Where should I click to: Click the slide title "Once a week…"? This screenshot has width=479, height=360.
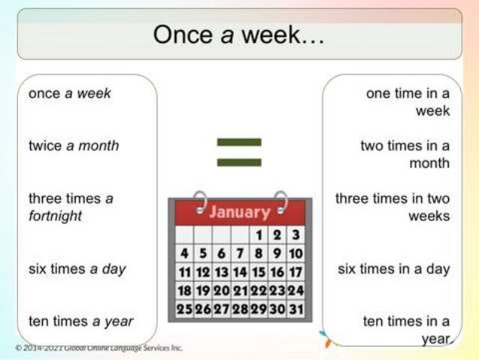pyautogui.click(x=239, y=35)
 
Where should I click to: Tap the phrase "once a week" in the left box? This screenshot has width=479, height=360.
pyautogui.click(x=70, y=93)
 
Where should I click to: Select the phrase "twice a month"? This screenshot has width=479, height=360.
pyautogui.click(x=74, y=145)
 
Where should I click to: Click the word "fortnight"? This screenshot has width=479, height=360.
pyautogui.click(x=56, y=216)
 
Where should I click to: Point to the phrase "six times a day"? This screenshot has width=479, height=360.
pyautogui.click(x=77, y=269)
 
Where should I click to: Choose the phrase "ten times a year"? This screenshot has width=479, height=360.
pyautogui.click(x=81, y=322)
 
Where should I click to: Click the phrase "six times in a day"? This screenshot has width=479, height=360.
pyautogui.click(x=394, y=269)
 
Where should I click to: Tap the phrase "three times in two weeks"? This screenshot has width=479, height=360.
pyautogui.click(x=393, y=207)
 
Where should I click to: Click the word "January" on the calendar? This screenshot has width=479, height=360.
pyautogui.click(x=239, y=212)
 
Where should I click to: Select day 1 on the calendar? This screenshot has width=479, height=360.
pyautogui.click(x=258, y=236)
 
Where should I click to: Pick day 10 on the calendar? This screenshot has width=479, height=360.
pyautogui.click(x=296, y=254)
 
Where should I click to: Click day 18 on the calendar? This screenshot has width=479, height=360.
pyautogui.click(x=184, y=290)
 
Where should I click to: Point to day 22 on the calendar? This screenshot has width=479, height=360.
pyautogui.click(x=258, y=290)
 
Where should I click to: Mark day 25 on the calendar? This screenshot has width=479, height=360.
pyautogui.click(x=184, y=308)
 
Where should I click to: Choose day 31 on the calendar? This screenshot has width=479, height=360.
pyautogui.click(x=296, y=308)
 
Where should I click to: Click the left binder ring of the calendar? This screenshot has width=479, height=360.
pyautogui.click(x=200, y=202)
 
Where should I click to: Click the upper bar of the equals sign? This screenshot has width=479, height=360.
pyautogui.click(x=239, y=141)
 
